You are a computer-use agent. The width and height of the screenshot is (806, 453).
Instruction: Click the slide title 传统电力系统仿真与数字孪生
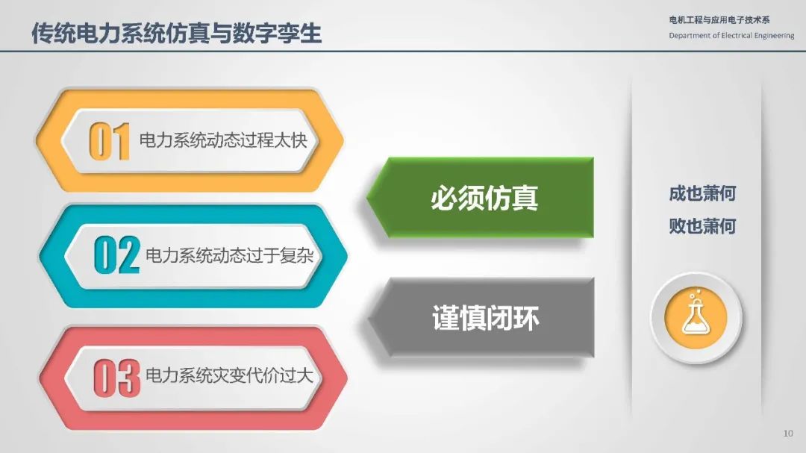pos(176,33)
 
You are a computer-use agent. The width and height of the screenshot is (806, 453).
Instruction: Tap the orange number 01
pos(109,141)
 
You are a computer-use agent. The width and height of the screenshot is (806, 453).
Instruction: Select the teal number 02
pos(116,255)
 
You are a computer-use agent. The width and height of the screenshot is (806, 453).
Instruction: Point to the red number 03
pos(116,378)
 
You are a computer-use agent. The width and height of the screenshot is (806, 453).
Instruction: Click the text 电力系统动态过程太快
pos(223,140)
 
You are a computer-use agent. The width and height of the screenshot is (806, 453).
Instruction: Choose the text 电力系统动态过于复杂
pos(229,255)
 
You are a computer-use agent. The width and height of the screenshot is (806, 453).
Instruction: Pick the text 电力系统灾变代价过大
pos(229,376)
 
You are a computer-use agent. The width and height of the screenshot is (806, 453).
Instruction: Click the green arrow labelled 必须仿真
pos(480,198)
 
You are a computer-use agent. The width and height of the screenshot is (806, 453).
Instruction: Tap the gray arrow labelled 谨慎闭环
pos(481,318)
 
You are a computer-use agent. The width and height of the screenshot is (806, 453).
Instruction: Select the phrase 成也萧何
pos(702,193)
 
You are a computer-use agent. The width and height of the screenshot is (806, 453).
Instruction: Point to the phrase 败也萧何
pos(702,225)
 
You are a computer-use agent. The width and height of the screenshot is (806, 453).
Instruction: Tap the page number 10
pos(788,434)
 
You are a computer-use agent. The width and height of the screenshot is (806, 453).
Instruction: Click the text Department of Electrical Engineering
pos(731,36)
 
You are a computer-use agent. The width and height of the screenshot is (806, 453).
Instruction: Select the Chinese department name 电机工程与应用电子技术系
pos(719,20)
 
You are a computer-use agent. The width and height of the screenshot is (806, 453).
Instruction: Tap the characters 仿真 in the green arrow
pos(511,198)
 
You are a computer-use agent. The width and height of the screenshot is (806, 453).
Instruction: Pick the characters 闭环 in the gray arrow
pos(513,318)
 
